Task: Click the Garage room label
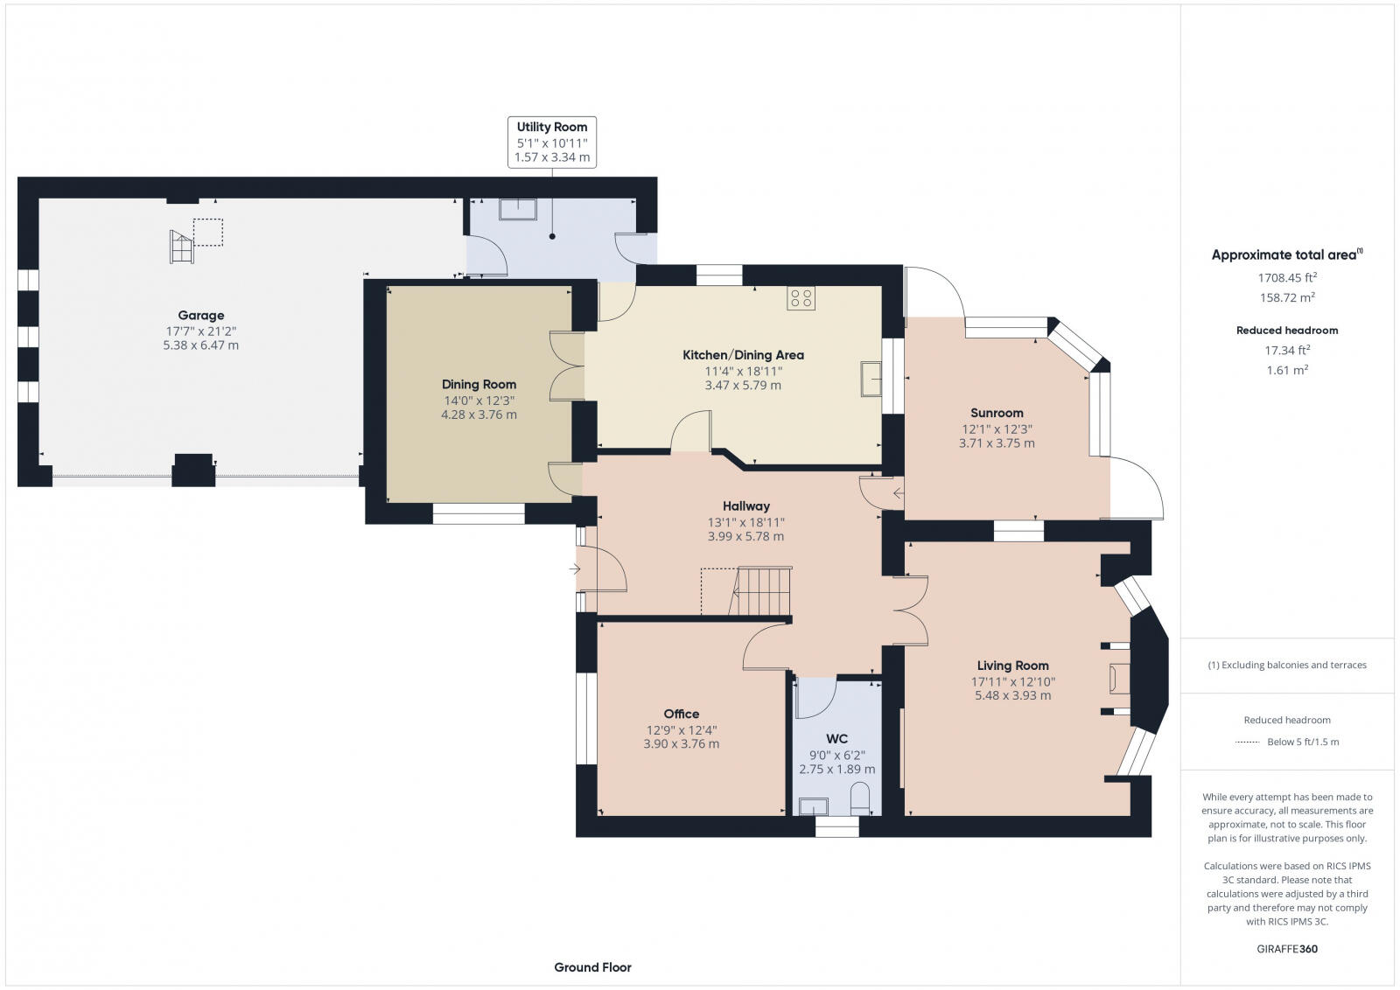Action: click(x=200, y=316)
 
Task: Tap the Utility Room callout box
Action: click(x=552, y=143)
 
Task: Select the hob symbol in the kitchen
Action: click(x=801, y=298)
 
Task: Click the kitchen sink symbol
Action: click(x=871, y=379)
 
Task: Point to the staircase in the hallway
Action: click(x=760, y=591)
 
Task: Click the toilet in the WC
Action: click(x=860, y=798)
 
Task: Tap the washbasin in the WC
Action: click(x=814, y=806)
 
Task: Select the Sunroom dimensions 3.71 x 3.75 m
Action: click(x=997, y=443)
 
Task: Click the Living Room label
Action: click(x=1012, y=666)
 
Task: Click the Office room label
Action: click(x=682, y=714)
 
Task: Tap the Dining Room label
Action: click(x=479, y=385)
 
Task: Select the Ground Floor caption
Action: click(x=592, y=967)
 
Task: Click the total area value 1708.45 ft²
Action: click(x=1287, y=277)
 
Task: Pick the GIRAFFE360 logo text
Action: click(x=1287, y=949)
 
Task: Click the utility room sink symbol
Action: click(x=517, y=209)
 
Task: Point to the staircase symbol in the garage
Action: click(x=182, y=247)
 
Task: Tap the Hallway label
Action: click(x=746, y=506)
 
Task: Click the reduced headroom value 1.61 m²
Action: click(x=1287, y=370)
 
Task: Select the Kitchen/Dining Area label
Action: click(x=743, y=355)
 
